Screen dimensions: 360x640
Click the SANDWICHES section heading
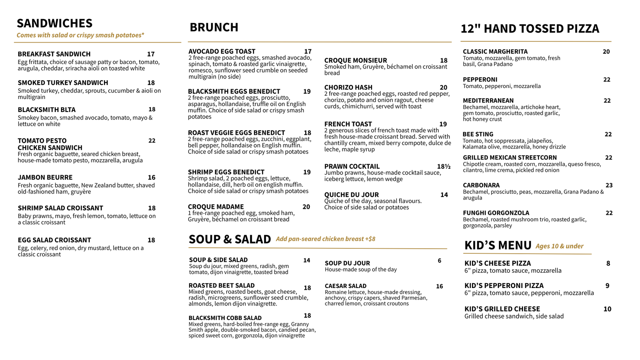pos(54,23)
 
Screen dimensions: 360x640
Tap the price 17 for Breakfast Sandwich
pos(151,54)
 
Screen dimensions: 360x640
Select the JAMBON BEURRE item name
pos(45,178)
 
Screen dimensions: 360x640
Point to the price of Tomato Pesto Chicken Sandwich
pos(152,141)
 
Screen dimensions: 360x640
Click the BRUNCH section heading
pos(214,27)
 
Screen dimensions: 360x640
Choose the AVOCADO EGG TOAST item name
pos(222,51)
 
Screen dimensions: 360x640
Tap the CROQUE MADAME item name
pos(216,207)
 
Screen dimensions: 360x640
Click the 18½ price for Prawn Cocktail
pos(444,166)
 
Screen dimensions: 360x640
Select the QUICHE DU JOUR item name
pos(351,195)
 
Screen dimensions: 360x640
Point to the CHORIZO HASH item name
pos(348,88)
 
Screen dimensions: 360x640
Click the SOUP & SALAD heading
pos(230,239)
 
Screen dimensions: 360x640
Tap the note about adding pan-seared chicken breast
pos(325,239)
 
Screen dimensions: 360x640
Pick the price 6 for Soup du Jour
pos(439,261)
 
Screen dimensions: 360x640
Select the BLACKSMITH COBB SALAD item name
pos(225,318)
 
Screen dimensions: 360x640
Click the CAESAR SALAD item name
pos(346,286)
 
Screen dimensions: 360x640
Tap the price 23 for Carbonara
pos(609,186)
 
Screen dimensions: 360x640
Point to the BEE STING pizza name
pos(478,134)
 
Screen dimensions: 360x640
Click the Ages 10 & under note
pos(559,246)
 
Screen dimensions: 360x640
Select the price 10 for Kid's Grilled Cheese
pos(607,309)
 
